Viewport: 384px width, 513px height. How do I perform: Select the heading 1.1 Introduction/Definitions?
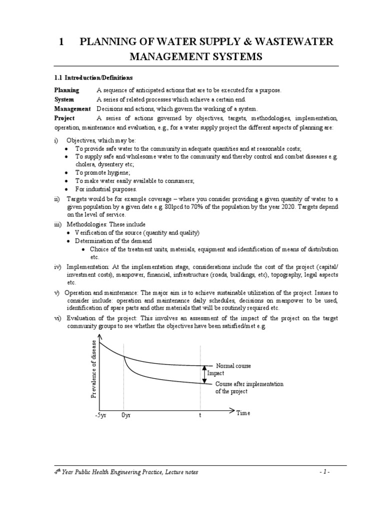point(93,78)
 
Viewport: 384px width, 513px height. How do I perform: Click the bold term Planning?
point(66,90)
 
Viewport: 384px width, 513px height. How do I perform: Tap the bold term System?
point(64,100)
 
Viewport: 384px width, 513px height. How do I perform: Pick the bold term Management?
point(72,109)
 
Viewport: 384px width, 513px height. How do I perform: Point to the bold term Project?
point(64,118)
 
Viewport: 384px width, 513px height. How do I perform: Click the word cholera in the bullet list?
point(85,164)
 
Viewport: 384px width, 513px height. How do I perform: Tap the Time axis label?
point(243,413)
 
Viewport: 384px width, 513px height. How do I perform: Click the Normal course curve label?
point(233,366)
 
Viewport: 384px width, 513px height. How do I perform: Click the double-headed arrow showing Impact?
point(204,374)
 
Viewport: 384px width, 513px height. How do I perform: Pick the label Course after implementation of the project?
point(249,387)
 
